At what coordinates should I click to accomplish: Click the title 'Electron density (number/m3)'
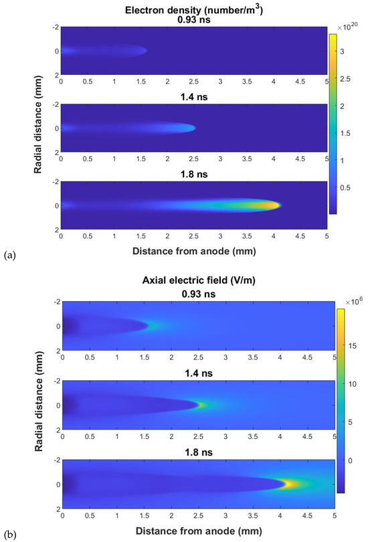194,9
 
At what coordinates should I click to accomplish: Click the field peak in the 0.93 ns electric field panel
153,326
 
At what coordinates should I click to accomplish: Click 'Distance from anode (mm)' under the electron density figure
194,252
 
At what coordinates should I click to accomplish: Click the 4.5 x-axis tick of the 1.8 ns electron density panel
300,236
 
